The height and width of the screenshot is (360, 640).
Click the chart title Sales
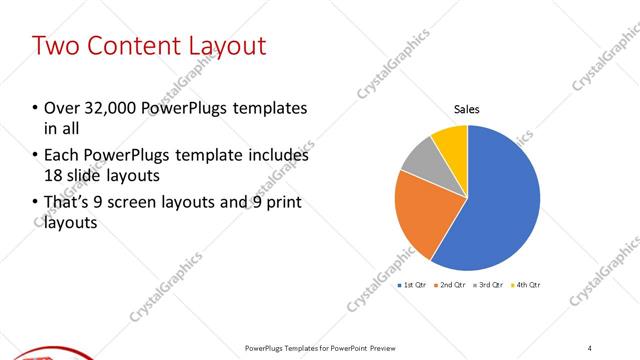(x=467, y=109)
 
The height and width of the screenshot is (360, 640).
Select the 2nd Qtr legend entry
(x=451, y=285)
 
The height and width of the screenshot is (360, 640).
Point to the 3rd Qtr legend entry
(x=489, y=285)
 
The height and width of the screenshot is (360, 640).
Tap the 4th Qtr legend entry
(x=527, y=285)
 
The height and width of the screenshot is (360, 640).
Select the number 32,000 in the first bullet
(x=109, y=107)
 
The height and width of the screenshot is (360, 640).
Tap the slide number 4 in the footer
(x=590, y=347)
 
